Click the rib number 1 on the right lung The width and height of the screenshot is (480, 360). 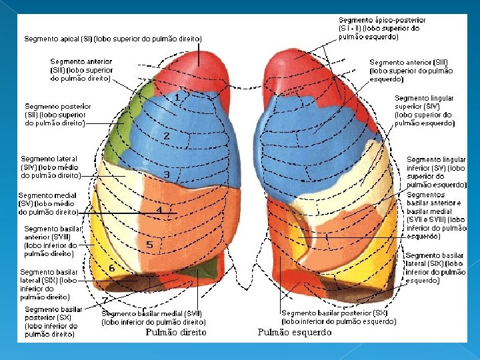(x=177, y=97)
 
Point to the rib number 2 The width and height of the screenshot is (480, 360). (x=167, y=136)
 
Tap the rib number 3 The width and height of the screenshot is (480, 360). (x=167, y=175)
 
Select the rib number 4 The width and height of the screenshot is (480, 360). (x=159, y=209)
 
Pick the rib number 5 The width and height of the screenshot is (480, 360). (x=149, y=245)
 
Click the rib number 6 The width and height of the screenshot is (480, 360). (x=112, y=267)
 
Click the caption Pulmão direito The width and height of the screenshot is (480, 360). (x=176, y=332)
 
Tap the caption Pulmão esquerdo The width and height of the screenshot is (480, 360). (x=294, y=332)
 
